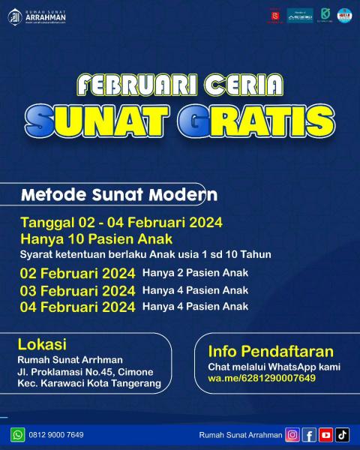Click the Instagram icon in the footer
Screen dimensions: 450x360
point(292,435)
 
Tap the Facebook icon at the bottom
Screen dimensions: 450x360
point(309,435)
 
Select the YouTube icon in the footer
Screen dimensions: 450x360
point(325,435)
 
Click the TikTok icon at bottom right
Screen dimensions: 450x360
point(342,435)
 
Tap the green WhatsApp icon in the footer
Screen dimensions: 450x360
point(17,435)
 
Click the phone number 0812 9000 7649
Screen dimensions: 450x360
point(57,435)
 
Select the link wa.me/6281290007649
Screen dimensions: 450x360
point(262,378)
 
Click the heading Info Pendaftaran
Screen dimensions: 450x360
point(271,351)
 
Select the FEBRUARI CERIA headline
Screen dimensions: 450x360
point(180,83)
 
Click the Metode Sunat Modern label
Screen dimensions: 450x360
point(119,195)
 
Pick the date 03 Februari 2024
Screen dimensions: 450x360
point(78,290)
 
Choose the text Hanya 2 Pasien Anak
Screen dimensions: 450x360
point(195,273)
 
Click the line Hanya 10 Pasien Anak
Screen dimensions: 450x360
point(97,238)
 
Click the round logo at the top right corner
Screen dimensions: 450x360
point(344,15)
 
